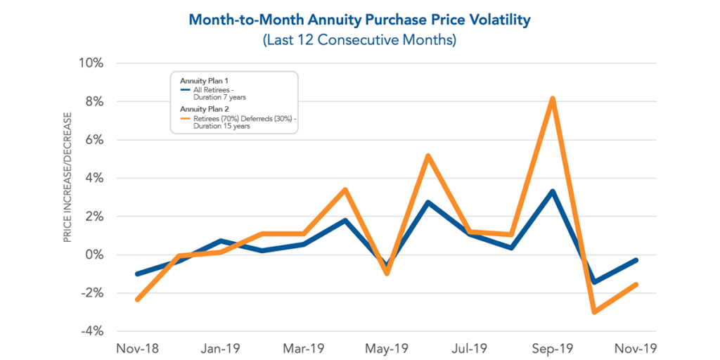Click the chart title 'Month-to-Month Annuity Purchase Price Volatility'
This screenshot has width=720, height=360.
pos(359,20)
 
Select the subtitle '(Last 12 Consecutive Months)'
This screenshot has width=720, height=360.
pos(359,40)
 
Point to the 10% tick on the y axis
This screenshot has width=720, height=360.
pos(91,63)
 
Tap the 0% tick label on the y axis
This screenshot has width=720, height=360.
pos(94,255)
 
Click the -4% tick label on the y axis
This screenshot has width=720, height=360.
pos(91,331)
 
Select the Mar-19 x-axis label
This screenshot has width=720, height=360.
pos(303,348)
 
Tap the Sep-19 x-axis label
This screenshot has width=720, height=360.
pos(553,348)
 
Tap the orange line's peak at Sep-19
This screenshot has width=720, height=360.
pos(553,99)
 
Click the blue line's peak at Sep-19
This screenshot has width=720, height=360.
pos(553,191)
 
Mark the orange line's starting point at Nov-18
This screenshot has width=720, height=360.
pos(137,300)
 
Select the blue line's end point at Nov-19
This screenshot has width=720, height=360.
pos(635,260)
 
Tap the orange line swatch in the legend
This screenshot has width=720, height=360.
pos(184,119)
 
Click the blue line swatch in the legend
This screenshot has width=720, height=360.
pos(184,90)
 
